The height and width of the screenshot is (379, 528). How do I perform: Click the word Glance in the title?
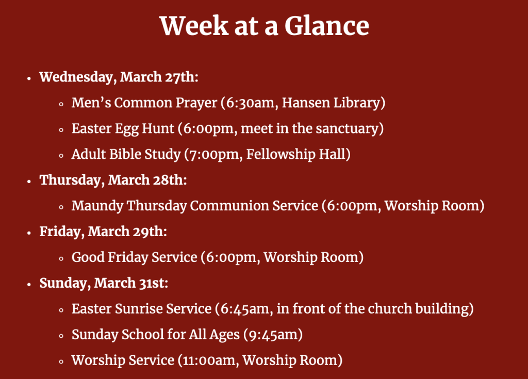tap(326, 26)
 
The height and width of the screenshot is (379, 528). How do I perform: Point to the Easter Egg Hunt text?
tap(123, 129)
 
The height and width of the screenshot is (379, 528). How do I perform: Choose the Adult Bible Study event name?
tap(126, 154)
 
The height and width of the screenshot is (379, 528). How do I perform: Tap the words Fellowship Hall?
tap(296, 154)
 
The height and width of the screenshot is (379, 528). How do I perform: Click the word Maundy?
tap(97, 206)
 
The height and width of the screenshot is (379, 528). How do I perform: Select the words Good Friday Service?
tap(135, 257)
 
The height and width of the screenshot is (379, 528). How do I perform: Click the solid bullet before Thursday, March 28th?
tap(29, 182)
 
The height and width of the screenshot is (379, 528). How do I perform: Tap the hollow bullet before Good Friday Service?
tap(61, 259)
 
